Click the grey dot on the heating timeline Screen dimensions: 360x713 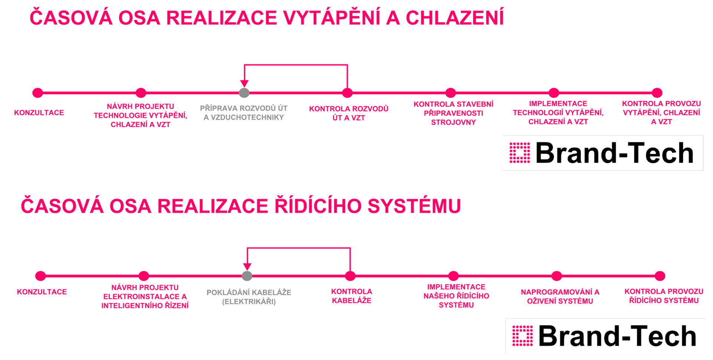point(244,93)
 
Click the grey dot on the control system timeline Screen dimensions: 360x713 point(247,276)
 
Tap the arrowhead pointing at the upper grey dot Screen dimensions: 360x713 point(244,84)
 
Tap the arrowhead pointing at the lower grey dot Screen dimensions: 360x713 point(247,266)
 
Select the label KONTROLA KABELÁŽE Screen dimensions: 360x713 point(352,296)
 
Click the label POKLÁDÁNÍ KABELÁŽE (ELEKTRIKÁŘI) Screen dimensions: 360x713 point(249,297)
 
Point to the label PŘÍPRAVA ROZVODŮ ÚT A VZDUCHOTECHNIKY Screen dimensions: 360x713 point(244,113)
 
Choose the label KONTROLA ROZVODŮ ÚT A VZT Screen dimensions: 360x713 point(349,113)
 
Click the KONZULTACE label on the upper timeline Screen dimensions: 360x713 point(39,112)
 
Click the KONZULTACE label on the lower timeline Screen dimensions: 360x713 point(42,292)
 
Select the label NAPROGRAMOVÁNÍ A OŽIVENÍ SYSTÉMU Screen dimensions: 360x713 point(560,296)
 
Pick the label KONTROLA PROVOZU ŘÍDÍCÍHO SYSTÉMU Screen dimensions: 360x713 point(664,296)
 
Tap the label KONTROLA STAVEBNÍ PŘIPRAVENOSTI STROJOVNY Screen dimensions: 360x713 point(453,113)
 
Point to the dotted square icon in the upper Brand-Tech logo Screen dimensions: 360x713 point(520,153)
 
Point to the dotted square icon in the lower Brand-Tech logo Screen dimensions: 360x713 point(522,336)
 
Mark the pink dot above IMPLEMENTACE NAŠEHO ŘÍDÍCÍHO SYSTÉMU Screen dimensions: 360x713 point(453,276)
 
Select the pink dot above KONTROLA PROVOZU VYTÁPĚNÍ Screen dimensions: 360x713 point(657,93)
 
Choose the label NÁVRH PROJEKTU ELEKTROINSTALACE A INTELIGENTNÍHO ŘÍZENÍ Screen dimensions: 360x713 point(145,296)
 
